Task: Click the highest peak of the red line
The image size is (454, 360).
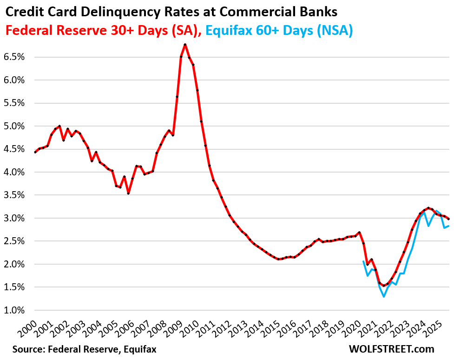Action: [185, 45]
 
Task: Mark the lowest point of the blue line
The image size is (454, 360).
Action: [384, 296]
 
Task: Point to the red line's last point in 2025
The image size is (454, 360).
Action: [448, 219]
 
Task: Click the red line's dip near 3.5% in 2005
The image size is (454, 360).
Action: [128, 193]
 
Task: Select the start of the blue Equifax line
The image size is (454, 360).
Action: [363, 261]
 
